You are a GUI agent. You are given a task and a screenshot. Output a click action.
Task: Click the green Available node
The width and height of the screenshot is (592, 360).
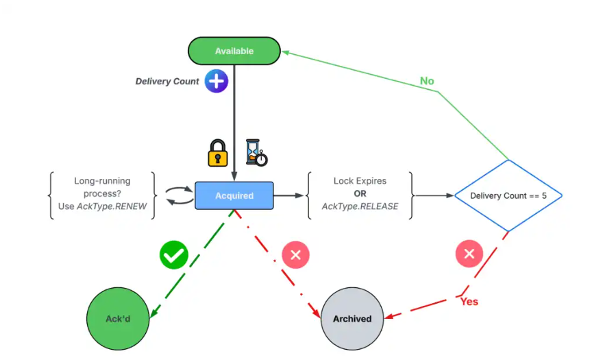234,51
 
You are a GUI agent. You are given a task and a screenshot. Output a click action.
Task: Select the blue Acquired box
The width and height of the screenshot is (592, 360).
234,195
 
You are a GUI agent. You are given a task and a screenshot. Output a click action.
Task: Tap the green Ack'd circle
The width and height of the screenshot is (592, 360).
118,319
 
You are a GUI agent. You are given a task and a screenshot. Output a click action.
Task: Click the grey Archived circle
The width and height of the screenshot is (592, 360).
352,319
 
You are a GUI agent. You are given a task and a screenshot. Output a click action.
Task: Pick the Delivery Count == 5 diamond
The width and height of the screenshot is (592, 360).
508,195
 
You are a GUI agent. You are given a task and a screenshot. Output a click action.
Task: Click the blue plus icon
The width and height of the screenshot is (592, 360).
217,82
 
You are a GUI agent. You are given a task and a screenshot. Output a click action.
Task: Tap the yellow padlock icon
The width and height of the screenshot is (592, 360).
218,153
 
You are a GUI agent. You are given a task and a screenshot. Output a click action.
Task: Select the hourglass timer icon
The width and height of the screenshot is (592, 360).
256,152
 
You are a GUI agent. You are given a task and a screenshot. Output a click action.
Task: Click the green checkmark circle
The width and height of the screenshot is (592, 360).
174,255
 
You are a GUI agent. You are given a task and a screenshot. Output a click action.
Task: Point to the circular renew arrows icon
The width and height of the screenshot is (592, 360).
181,195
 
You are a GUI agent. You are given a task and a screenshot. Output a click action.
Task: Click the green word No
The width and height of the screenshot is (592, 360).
427,81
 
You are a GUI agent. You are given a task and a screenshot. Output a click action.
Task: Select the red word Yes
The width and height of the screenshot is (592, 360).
469,301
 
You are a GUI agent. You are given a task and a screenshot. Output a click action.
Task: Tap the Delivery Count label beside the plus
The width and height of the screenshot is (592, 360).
167,82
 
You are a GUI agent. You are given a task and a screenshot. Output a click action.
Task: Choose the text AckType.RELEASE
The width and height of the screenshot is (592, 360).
360,206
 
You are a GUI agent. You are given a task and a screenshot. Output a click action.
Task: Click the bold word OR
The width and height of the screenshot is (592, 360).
360,194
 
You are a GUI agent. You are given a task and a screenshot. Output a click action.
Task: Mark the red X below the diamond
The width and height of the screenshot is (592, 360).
469,254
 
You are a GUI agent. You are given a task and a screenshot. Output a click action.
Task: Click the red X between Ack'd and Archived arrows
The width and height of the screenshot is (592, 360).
296,255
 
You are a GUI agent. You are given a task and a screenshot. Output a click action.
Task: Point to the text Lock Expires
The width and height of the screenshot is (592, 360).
360,181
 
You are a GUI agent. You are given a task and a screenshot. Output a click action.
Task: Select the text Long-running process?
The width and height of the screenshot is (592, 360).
102,187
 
